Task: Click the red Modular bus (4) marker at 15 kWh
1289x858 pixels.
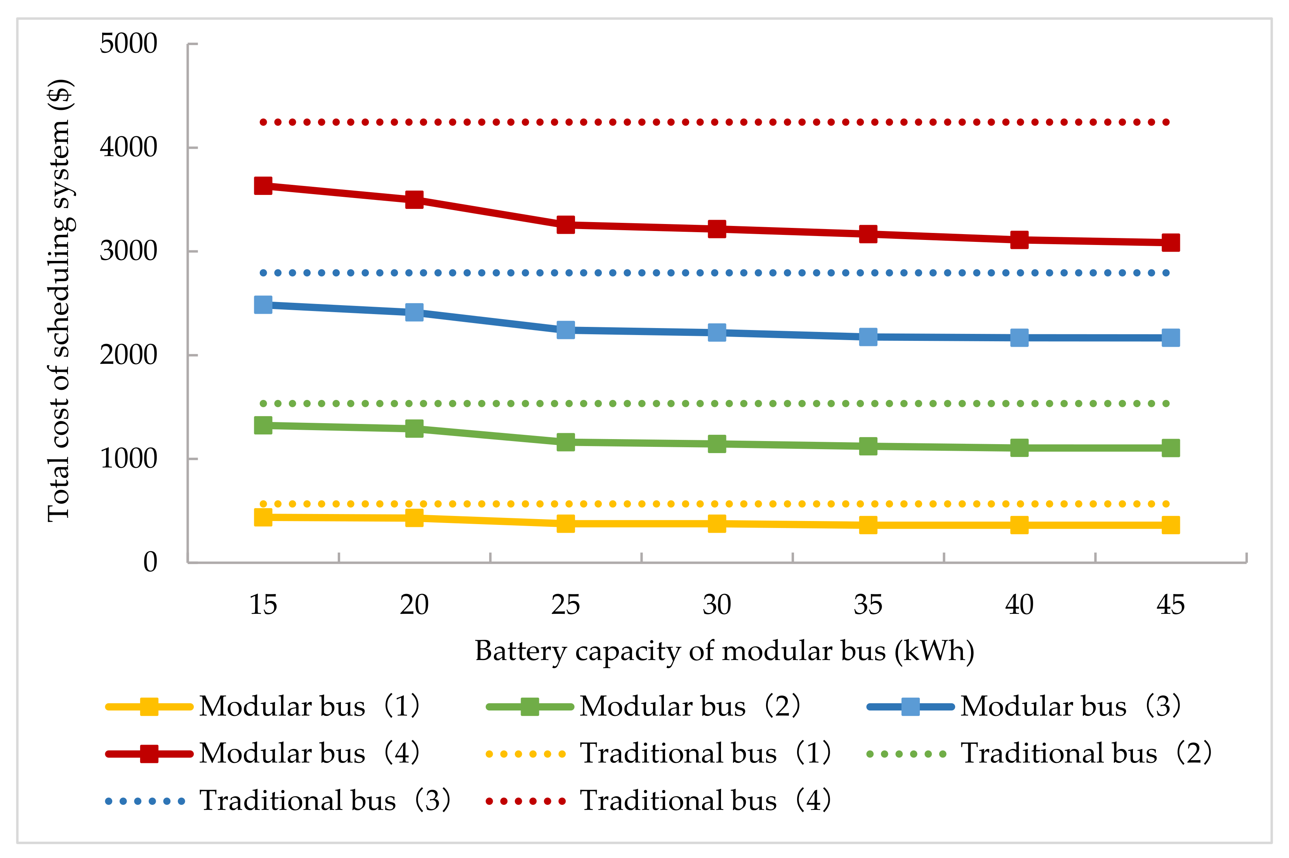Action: [263, 186]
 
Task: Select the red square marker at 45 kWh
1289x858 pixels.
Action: [1170, 242]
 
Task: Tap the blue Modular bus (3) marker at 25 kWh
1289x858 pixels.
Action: [566, 330]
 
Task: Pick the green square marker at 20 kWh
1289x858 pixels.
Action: [414, 429]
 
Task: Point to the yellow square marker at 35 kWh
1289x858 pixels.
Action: [868, 525]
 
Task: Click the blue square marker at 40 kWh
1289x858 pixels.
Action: [1019, 338]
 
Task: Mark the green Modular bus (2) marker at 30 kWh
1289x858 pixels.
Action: [717, 444]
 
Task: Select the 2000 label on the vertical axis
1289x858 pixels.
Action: [128, 355]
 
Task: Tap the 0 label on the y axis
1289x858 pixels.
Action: [150, 562]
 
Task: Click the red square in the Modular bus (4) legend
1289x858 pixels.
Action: [149, 754]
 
